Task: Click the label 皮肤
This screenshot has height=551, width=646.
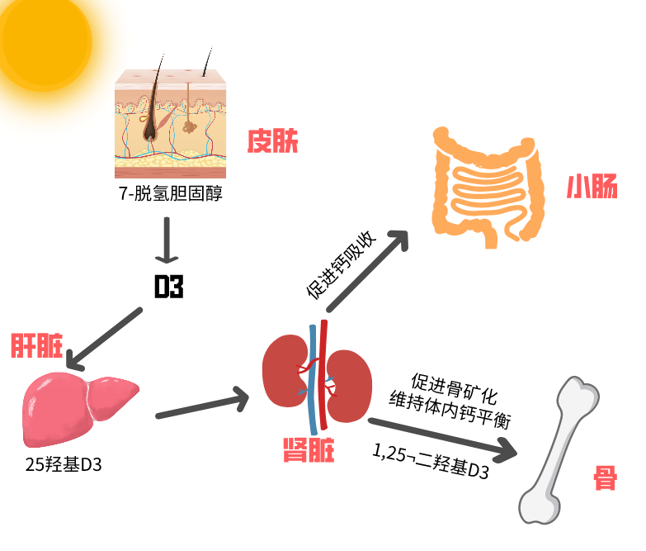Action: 272,142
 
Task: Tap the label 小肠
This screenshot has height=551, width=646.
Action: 592,188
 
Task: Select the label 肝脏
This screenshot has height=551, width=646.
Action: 36,346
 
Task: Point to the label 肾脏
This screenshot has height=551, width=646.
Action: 309,450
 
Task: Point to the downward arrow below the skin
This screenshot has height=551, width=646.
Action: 167,240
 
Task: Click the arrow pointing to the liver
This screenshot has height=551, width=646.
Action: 103,340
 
